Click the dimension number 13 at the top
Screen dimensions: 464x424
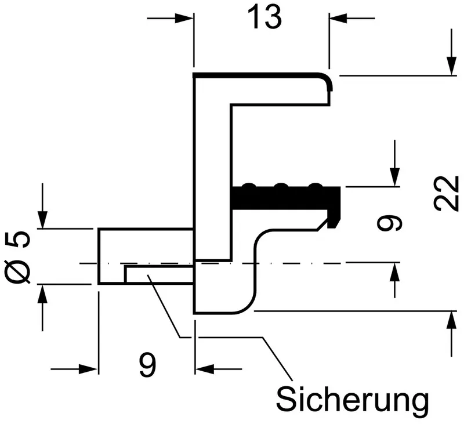264,18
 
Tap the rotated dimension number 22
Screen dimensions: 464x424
447,194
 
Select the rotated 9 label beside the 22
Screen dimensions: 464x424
389,223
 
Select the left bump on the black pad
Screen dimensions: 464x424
248,185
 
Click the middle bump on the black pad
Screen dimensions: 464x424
281,185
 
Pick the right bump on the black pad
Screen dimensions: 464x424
316,185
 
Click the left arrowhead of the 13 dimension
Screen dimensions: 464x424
184,19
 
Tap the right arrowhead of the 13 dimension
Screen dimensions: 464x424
338,19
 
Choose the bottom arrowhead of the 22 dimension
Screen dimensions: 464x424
451,321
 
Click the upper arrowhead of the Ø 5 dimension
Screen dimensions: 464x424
42,219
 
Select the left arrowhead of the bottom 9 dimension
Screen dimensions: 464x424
88,369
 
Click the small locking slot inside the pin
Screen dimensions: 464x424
159,275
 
